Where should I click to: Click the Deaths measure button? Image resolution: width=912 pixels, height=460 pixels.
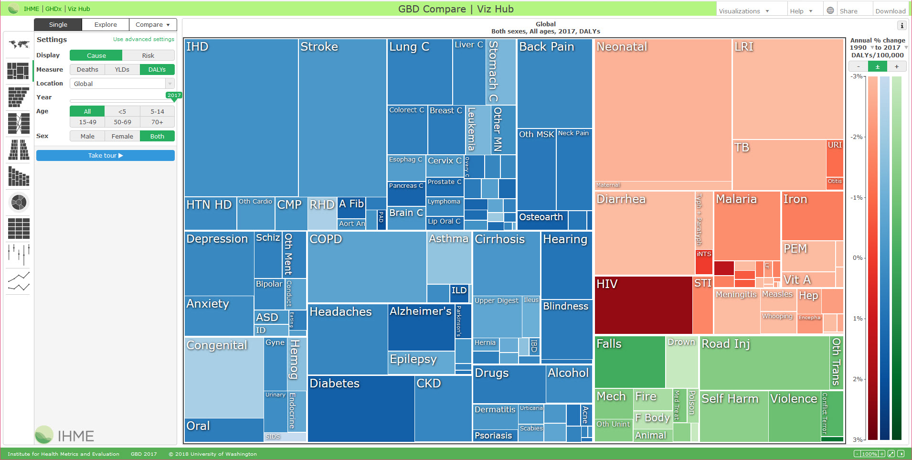[87, 70]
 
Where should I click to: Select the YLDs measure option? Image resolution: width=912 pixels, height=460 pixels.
[122, 70]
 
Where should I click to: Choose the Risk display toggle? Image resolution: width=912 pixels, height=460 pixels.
[148, 56]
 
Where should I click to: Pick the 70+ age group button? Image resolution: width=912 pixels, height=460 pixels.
[157, 122]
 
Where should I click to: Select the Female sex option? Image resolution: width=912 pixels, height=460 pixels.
[122, 137]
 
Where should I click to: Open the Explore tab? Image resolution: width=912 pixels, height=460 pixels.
[106, 25]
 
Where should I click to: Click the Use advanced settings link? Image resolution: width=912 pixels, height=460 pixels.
[143, 39]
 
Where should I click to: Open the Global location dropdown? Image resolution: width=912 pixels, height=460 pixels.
[122, 84]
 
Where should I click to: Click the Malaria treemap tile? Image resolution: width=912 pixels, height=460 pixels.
[747, 225]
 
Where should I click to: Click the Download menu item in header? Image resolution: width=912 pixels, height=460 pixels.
[890, 11]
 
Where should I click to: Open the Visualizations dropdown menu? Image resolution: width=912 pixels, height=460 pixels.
[743, 11]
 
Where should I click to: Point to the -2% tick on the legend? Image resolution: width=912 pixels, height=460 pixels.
[858, 137]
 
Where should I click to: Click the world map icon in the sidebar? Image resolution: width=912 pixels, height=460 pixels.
[19, 44]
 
